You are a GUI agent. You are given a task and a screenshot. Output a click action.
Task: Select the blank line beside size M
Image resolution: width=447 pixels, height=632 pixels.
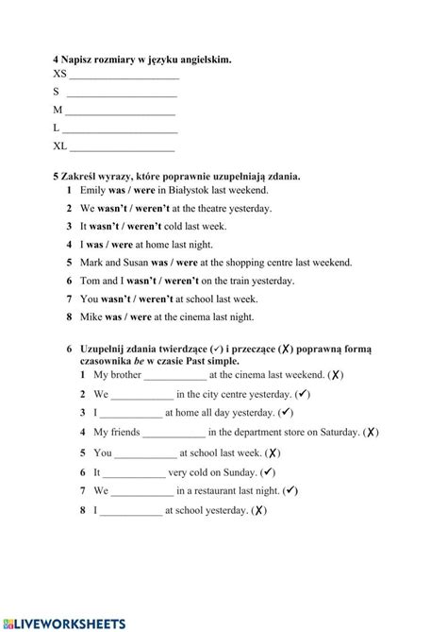(120, 111)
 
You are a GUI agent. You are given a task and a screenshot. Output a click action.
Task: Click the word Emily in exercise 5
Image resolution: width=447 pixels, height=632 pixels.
(95, 191)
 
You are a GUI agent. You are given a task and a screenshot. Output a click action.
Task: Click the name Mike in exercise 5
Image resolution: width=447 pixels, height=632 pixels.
(92, 317)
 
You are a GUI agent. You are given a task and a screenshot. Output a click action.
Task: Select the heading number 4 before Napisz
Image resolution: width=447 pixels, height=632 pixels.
(56, 60)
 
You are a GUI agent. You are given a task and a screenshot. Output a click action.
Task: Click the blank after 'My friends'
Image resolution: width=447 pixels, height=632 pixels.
(174, 433)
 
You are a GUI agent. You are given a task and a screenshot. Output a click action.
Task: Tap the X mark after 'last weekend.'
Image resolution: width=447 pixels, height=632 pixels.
(337, 375)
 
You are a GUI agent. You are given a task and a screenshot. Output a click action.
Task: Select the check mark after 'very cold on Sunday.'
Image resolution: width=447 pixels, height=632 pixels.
(268, 471)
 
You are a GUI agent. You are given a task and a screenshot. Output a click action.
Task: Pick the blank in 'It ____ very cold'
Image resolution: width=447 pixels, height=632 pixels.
(134, 472)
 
